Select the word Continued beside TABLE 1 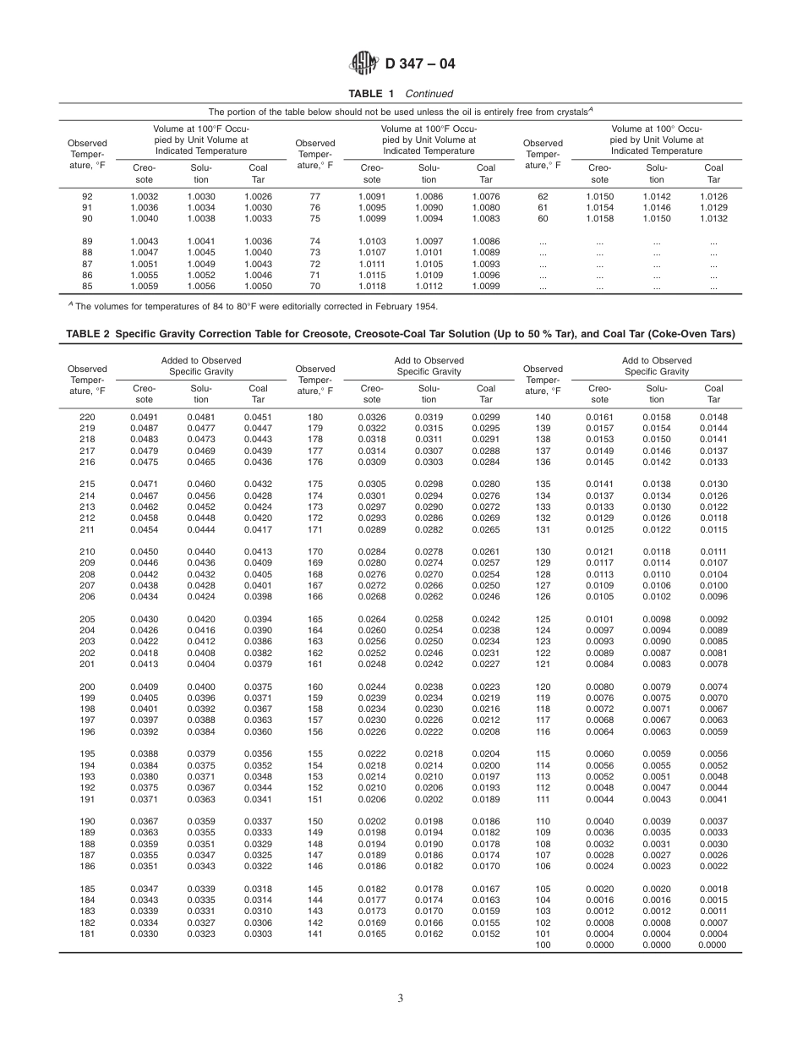(x=429, y=94)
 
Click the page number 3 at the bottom (x=401, y=998)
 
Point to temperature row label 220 (x=87, y=417)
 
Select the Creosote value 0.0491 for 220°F (x=145, y=417)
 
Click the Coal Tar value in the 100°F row (x=713, y=945)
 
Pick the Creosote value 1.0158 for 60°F (x=599, y=218)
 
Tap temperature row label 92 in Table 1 (x=87, y=196)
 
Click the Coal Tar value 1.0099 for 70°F (x=485, y=286)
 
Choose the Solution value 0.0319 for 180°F (x=429, y=417)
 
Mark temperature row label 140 (x=543, y=417)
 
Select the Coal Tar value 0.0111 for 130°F (x=713, y=551)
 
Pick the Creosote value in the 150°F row (x=372, y=821)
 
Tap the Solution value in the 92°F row (x=200, y=196)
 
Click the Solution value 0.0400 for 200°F (x=200, y=687)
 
